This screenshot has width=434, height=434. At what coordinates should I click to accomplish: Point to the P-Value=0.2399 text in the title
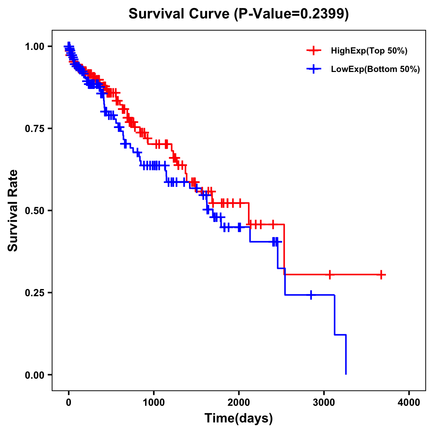click(291, 14)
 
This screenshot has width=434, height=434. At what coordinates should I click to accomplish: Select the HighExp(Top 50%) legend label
click(369, 51)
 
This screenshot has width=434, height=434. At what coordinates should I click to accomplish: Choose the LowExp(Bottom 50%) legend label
click(375, 69)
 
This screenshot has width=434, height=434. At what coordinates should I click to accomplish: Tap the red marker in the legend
click(314, 51)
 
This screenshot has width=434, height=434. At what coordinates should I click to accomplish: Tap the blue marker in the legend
click(314, 69)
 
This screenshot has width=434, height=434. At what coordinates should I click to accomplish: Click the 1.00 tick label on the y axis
click(34, 47)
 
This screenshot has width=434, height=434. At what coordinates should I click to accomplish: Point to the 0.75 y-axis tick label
click(34, 129)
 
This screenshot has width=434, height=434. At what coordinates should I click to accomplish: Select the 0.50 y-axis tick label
click(34, 211)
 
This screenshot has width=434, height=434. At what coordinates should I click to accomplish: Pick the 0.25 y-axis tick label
click(34, 293)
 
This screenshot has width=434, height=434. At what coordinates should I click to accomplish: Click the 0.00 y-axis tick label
click(34, 375)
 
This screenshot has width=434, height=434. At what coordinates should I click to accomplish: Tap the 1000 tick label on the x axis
click(154, 403)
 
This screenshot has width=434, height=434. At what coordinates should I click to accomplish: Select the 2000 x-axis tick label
click(239, 403)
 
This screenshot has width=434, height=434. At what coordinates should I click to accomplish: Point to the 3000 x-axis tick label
click(324, 403)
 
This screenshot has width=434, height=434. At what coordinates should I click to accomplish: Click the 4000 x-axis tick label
click(409, 403)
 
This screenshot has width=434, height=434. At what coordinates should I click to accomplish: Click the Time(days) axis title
click(239, 418)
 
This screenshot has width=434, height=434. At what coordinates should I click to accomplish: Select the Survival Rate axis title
click(13, 210)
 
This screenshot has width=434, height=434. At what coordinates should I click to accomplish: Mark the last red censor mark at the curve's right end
click(381, 275)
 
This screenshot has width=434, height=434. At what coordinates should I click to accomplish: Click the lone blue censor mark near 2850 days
click(311, 295)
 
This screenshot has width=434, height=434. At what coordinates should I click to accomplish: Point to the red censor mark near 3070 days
click(329, 275)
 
